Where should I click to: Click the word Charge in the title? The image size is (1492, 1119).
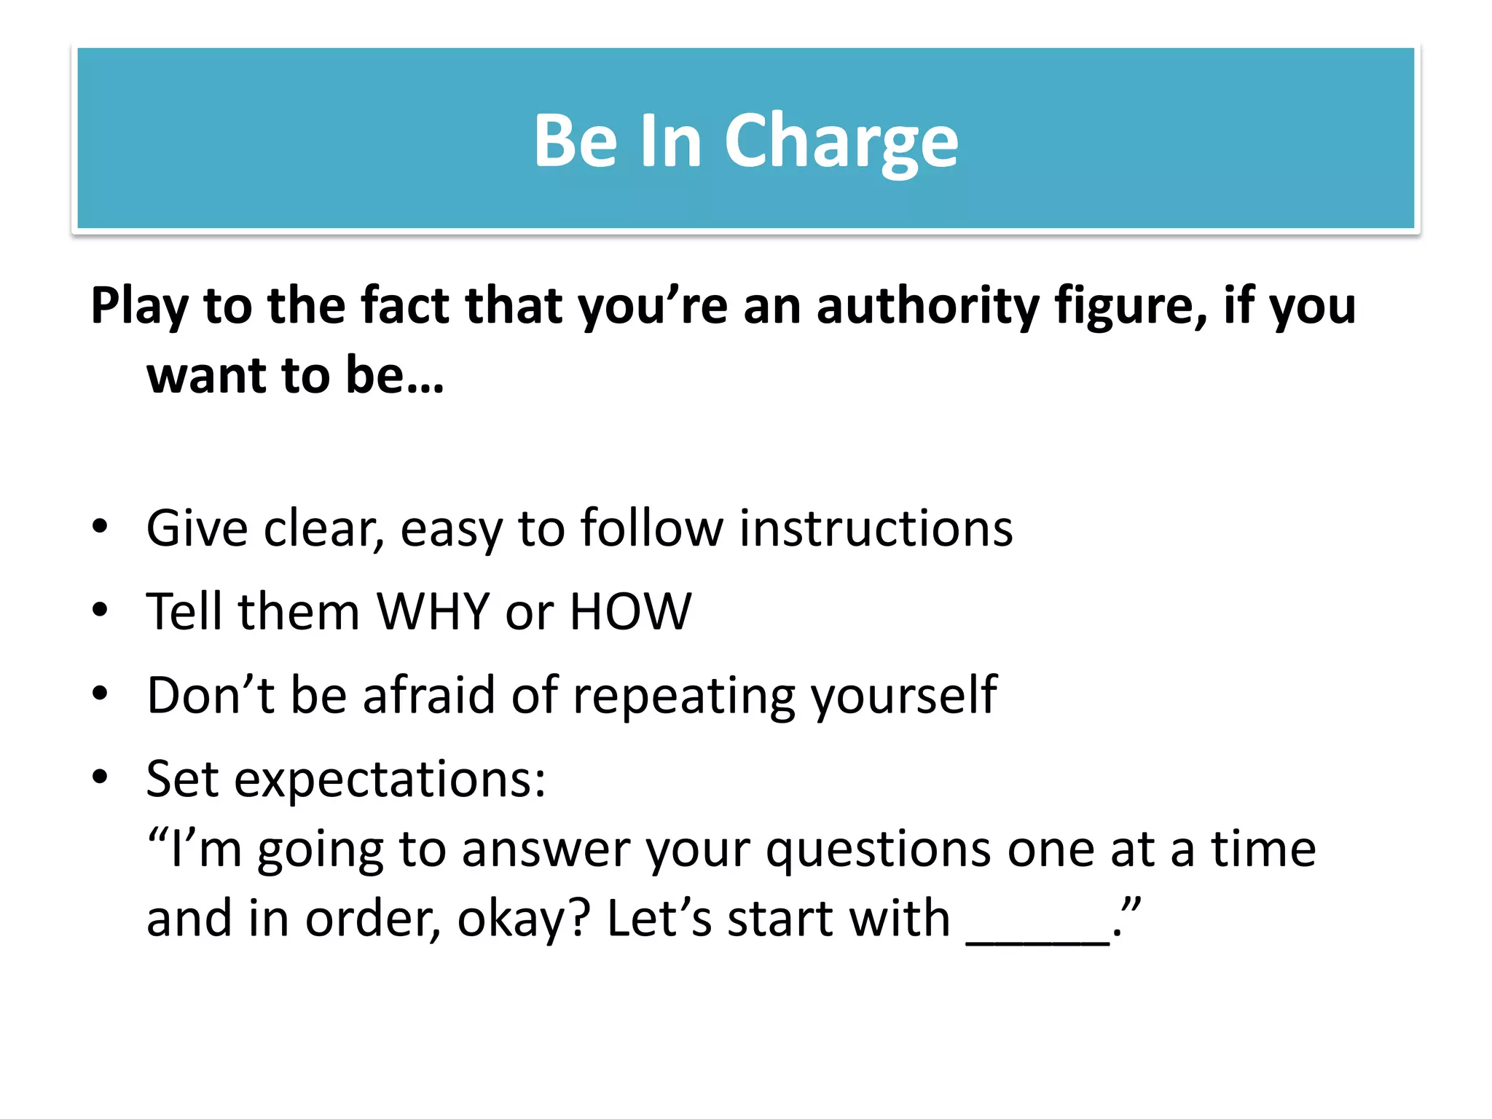point(841,141)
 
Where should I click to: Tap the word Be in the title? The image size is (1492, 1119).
point(576,141)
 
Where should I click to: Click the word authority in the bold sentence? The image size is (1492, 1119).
point(927,306)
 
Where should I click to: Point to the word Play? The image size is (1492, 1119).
point(139,306)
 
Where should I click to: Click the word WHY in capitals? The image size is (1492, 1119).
point(433,611)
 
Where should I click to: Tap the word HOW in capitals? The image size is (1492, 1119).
point(630,611)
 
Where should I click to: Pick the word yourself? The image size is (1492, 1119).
point(904,696)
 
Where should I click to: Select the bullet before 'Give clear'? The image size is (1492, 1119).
point(100,527)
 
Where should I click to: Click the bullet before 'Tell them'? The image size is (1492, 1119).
point(100,610)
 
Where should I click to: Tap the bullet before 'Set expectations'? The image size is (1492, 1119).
point(100,777)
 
